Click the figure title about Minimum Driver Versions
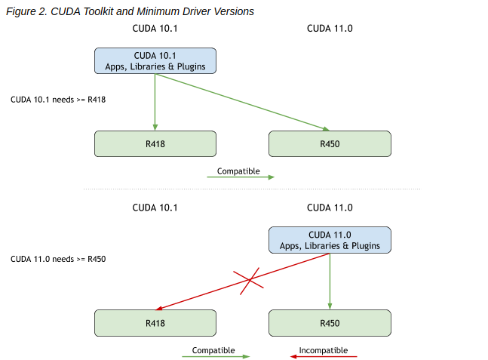coord(130,11)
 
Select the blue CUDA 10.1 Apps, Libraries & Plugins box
coord(155,61)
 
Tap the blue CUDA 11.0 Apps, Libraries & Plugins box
coord(330,241)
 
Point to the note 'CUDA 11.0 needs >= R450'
coord(58,259)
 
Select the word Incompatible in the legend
coord(323,350)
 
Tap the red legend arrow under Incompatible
coord(324,357)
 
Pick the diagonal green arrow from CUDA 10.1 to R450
coord(241,102)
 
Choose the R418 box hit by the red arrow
coord(155,323)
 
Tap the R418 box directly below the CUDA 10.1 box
coord(155,143)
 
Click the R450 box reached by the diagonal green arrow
coord(330,143)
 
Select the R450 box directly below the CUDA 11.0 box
coord(330,323)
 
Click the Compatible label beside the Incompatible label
coord(213,350)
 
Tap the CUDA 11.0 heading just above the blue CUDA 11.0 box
coord(330,208)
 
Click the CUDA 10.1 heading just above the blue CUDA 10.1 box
coord(155,29)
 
